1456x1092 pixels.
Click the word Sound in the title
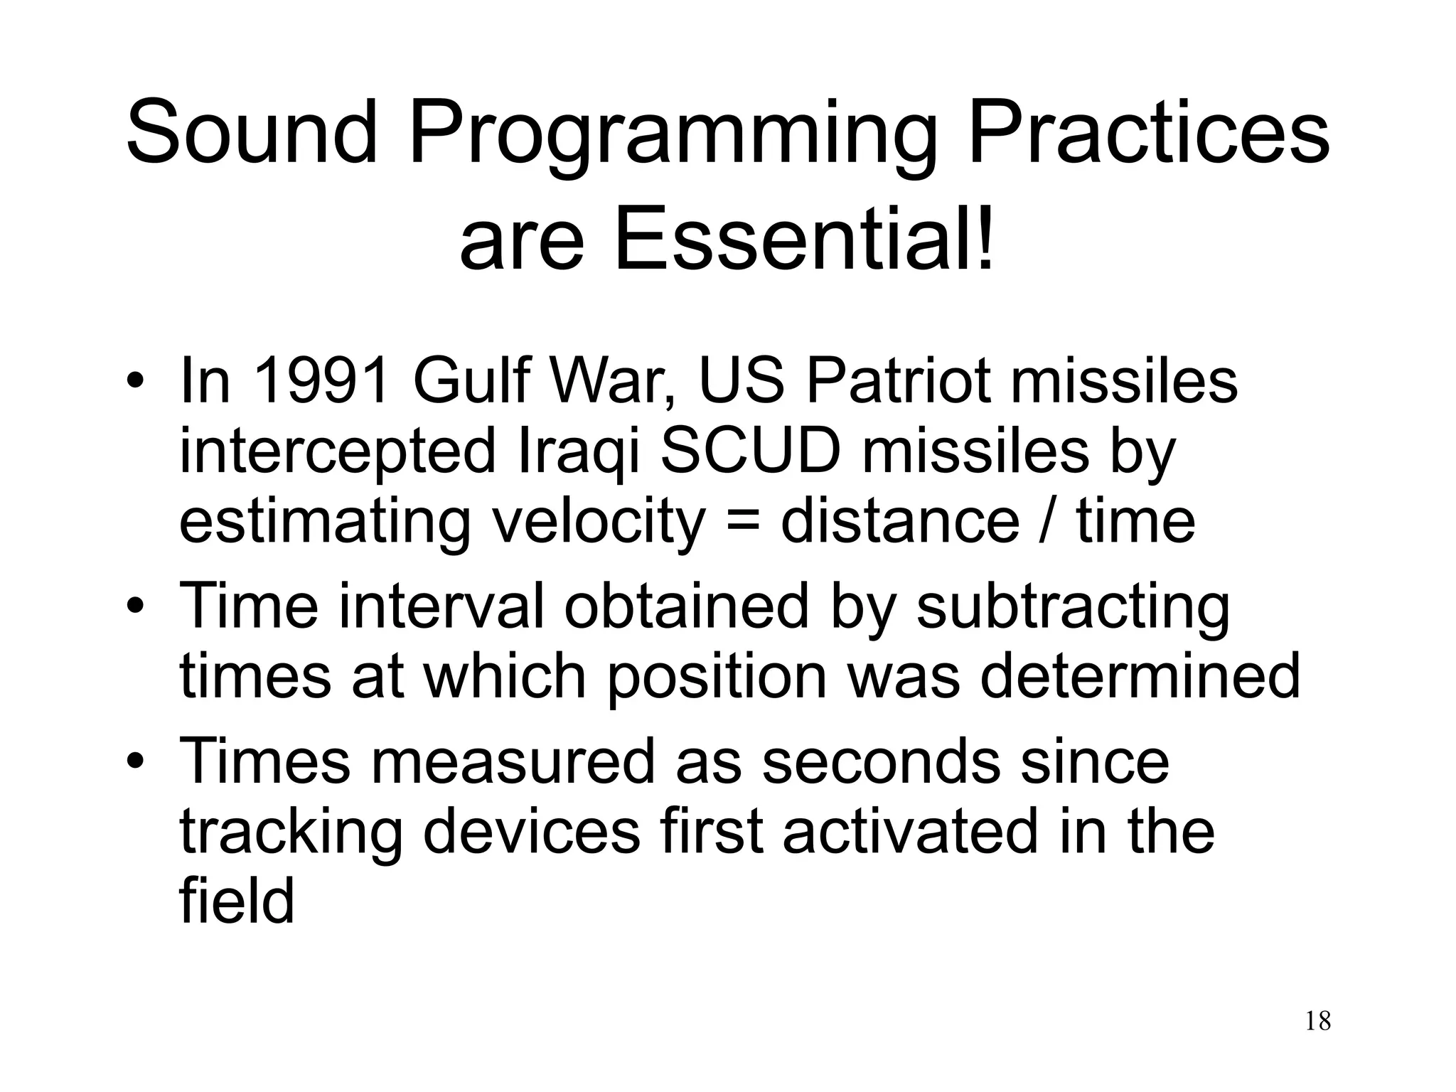pyautogui.click(x=250, y=133)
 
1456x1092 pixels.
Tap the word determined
pyautogui.click(x=1140, y=677)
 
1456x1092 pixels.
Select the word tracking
pyautogui.click(x=291, y=835)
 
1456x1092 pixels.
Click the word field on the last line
pyautogui.click(x=236, y=901)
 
